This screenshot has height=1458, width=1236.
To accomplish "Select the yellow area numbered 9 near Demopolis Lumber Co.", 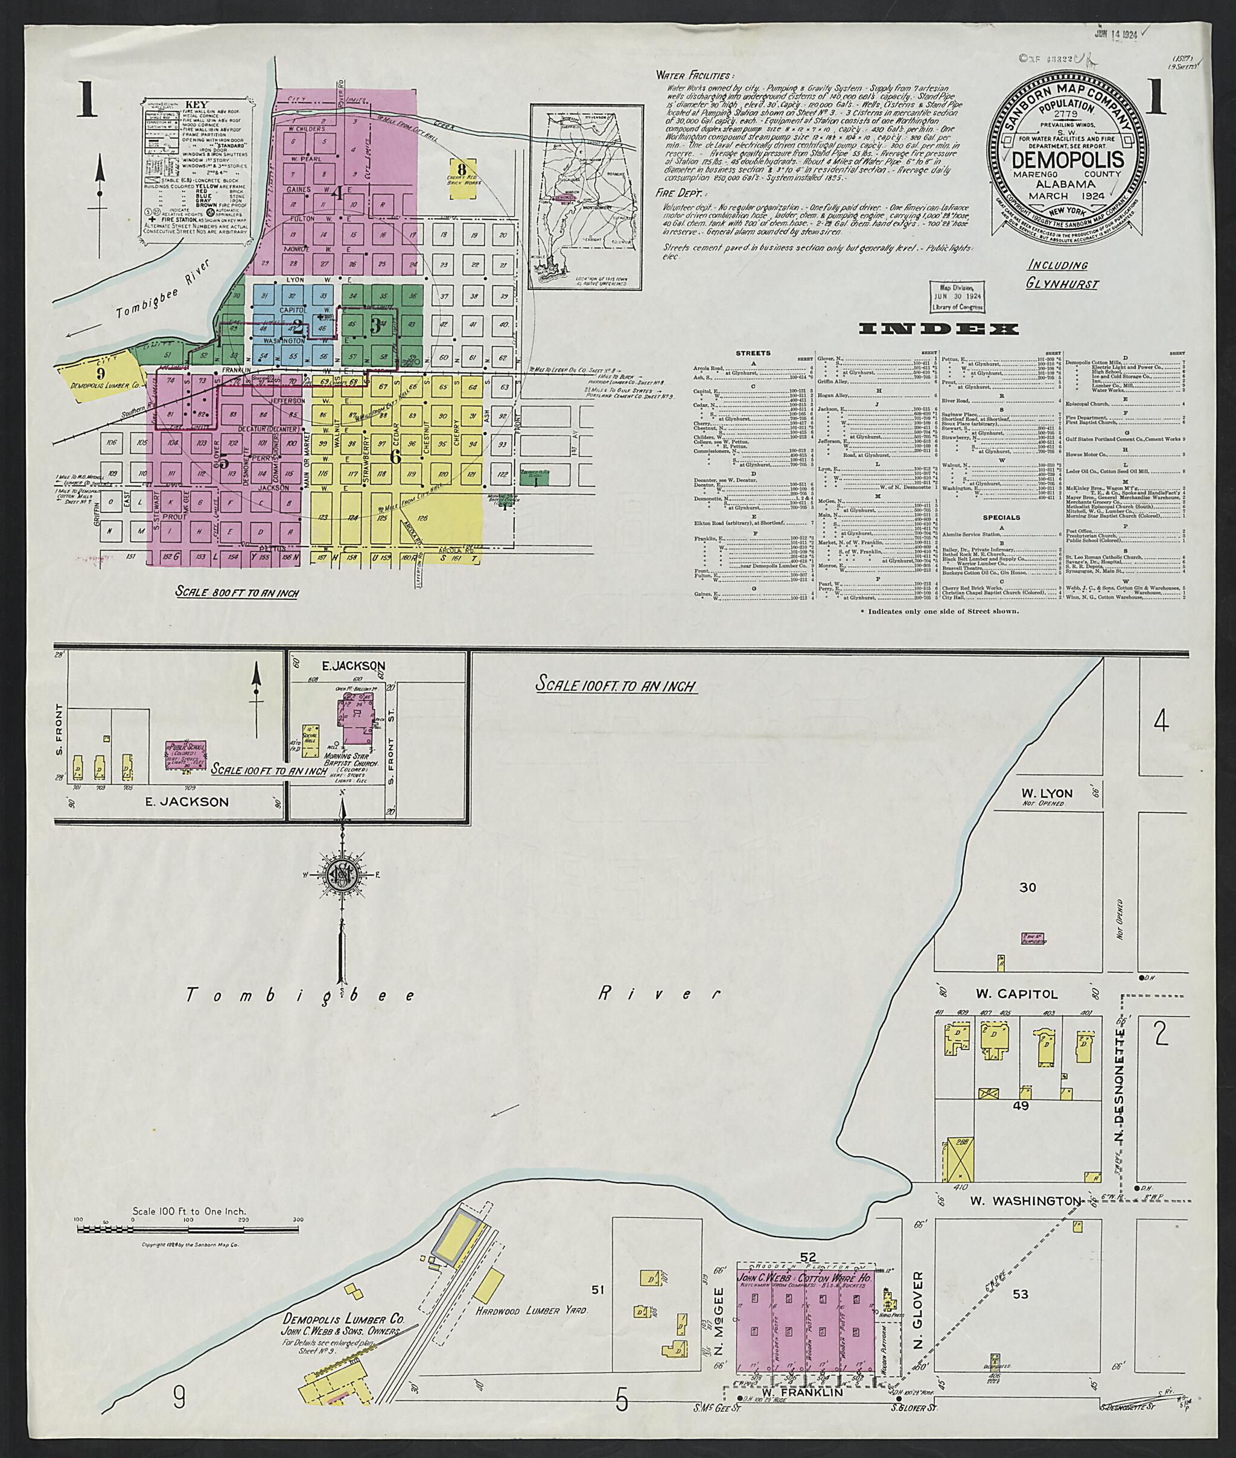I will pos(100,373).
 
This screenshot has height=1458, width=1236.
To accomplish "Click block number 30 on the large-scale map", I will pos(1027,888).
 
